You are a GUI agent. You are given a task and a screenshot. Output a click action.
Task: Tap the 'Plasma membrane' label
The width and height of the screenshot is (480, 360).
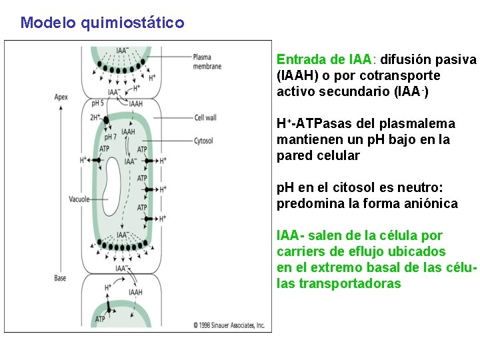point(206,61)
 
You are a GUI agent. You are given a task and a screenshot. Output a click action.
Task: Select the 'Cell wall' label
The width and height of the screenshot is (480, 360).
point(205,118)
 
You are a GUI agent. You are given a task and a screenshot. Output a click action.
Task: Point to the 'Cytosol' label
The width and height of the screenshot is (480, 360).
point(203,141)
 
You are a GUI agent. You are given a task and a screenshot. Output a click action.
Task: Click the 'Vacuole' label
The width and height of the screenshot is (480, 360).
point(79,199)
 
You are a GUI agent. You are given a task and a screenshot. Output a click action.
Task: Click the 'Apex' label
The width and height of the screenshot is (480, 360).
point(61,97)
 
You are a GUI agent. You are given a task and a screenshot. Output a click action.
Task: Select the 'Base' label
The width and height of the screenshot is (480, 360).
point(60,278)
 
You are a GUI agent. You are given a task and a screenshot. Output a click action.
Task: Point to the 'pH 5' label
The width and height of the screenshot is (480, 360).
point(97,104)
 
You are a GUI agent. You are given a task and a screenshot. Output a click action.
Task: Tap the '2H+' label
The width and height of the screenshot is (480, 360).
point(95,117)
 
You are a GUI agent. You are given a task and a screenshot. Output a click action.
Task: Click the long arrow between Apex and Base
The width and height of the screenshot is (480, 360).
point(61,187)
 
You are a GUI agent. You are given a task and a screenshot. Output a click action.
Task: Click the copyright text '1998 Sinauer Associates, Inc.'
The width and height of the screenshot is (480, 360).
point(229,325)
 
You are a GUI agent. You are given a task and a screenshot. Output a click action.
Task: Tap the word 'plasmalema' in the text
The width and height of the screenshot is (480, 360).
point(421,123)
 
